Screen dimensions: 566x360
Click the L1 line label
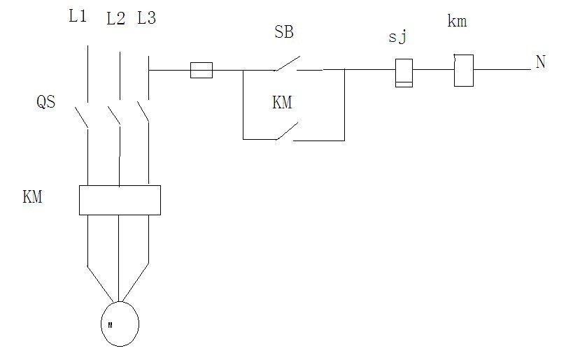[x=78, y=16]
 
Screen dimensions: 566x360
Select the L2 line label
[x=116, y=18]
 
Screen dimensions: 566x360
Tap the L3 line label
[x=146, y=17]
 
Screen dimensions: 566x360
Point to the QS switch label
[x=46, y=101]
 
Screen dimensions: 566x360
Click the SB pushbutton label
[x=284, y=31]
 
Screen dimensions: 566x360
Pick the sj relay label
[x=398, y=37]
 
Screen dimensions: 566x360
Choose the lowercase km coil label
[x=457, y=21]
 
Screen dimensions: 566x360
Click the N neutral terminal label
[x=540, y=62]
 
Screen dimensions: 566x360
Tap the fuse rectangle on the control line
[x=201, y=70]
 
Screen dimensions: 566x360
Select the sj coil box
[x=404, y=73]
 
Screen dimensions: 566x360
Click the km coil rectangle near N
[x=463, y=71]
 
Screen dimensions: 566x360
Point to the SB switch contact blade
[x=288, y=63]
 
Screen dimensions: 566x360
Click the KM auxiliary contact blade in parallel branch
[x=287, y=131]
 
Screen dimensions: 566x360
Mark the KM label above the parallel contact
[x=282, y=103]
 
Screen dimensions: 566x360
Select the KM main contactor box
[x=120, y=200]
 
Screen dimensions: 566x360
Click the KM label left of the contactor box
[x=32, y=197]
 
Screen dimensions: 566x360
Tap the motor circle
[x=120, y=324]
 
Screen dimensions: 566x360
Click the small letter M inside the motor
[x=110, y=325]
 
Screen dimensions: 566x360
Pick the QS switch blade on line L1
[x=82, y=117]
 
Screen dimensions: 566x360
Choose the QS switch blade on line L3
[x=143, y=112]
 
